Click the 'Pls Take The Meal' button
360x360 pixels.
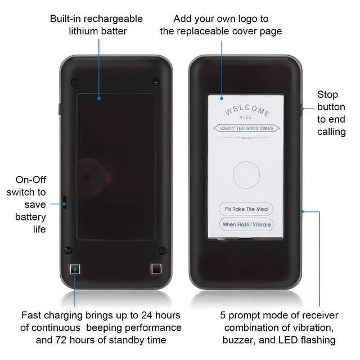pyautogui.click(x=246, y=209)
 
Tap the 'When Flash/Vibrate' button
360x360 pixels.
pyautogui.click(x=246, y=224)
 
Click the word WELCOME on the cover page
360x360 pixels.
pyautogui.click(x=247, y=108)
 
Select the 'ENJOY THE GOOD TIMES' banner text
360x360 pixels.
pyautogui.click(x=247, y=129)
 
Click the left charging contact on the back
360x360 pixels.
pyautogui.click(x=75, y=269)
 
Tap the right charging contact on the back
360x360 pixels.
pyautogui.click(x=156, y=269)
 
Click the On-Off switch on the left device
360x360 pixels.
pyautogui.click(x=64, y=202)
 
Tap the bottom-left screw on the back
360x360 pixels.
pyautogui.click(x=69, y=250)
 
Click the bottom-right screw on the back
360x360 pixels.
pyautogui.click(x=162, y=250)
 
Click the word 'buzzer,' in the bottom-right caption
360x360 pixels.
pyautogui.click(x=237, y=340)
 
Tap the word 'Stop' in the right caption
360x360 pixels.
pyautogui.click(x=327, y=94)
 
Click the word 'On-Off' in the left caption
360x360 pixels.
pyautogui.click(x=31, y=180)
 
